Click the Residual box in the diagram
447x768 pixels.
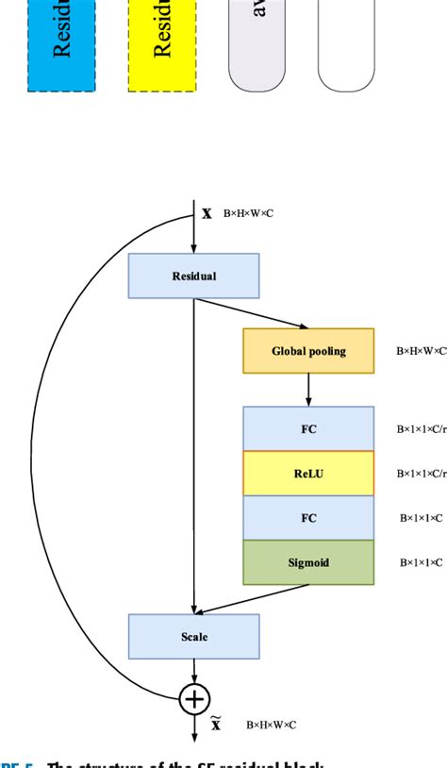tap(193, 275)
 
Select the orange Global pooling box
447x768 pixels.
tap(308, 351)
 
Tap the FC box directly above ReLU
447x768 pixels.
tap(308, 429)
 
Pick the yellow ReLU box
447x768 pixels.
tap(308, 474)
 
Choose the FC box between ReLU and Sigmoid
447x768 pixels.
tap(308, 518)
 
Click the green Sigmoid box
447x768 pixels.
tap(308, 562)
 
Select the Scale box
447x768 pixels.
tap(193, 636)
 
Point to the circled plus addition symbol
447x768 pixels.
tap(193, 698)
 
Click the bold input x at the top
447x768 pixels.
tap(207, 213)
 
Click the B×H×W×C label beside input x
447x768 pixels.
tap(248, 214)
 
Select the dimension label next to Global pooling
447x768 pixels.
tap(421, 352)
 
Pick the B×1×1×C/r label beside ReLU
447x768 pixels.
tap(421, 474)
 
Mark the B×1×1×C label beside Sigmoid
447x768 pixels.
tap(420, 562)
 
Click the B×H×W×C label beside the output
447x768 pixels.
tap(272, 726)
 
